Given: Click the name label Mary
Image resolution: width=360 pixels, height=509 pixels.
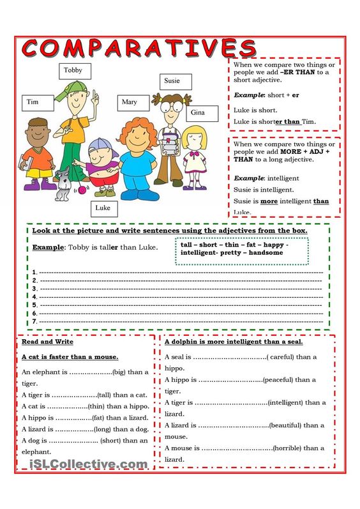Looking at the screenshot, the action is pyautogui.click(x=130, y=102).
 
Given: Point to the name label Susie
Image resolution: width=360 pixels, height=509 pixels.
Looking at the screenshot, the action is pyautogui.click(x=172, y=81).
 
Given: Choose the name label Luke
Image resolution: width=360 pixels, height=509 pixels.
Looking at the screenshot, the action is pyautogui.click(x=103, y=208).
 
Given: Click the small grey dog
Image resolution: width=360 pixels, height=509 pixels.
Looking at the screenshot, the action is pyautogui.click(x=63, y=182).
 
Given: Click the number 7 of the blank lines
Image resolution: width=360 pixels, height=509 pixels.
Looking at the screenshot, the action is pyautogui.click(x=34, y=321).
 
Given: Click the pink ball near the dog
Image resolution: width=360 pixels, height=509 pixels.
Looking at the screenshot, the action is pyautogui.click(x=80, y=190).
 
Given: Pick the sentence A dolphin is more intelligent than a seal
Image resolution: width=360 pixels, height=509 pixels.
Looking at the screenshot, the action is pyautogui.click(x=234, y=342).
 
